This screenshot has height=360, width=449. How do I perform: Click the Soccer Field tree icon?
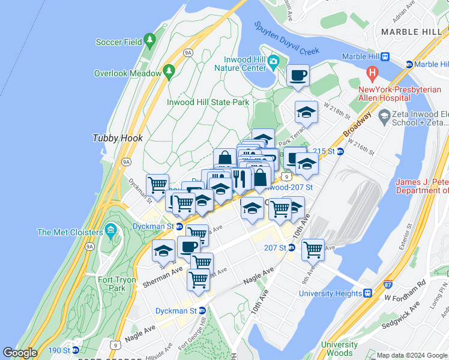149,41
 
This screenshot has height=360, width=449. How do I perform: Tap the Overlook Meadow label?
128,73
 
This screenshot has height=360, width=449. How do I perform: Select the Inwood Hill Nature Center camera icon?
273,60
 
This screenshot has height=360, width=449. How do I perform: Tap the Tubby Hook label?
118,138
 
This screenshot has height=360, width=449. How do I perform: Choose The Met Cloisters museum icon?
110,230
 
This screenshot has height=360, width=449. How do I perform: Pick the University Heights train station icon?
367,293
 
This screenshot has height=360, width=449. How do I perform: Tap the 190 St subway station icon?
76,350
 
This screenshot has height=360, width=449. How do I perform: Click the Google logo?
20,353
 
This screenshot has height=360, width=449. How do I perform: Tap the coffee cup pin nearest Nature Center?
298,76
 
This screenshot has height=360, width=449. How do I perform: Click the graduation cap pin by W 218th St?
306,112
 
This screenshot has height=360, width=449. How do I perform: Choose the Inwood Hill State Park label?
208,102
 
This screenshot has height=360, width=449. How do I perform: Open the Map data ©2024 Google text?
412,355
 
